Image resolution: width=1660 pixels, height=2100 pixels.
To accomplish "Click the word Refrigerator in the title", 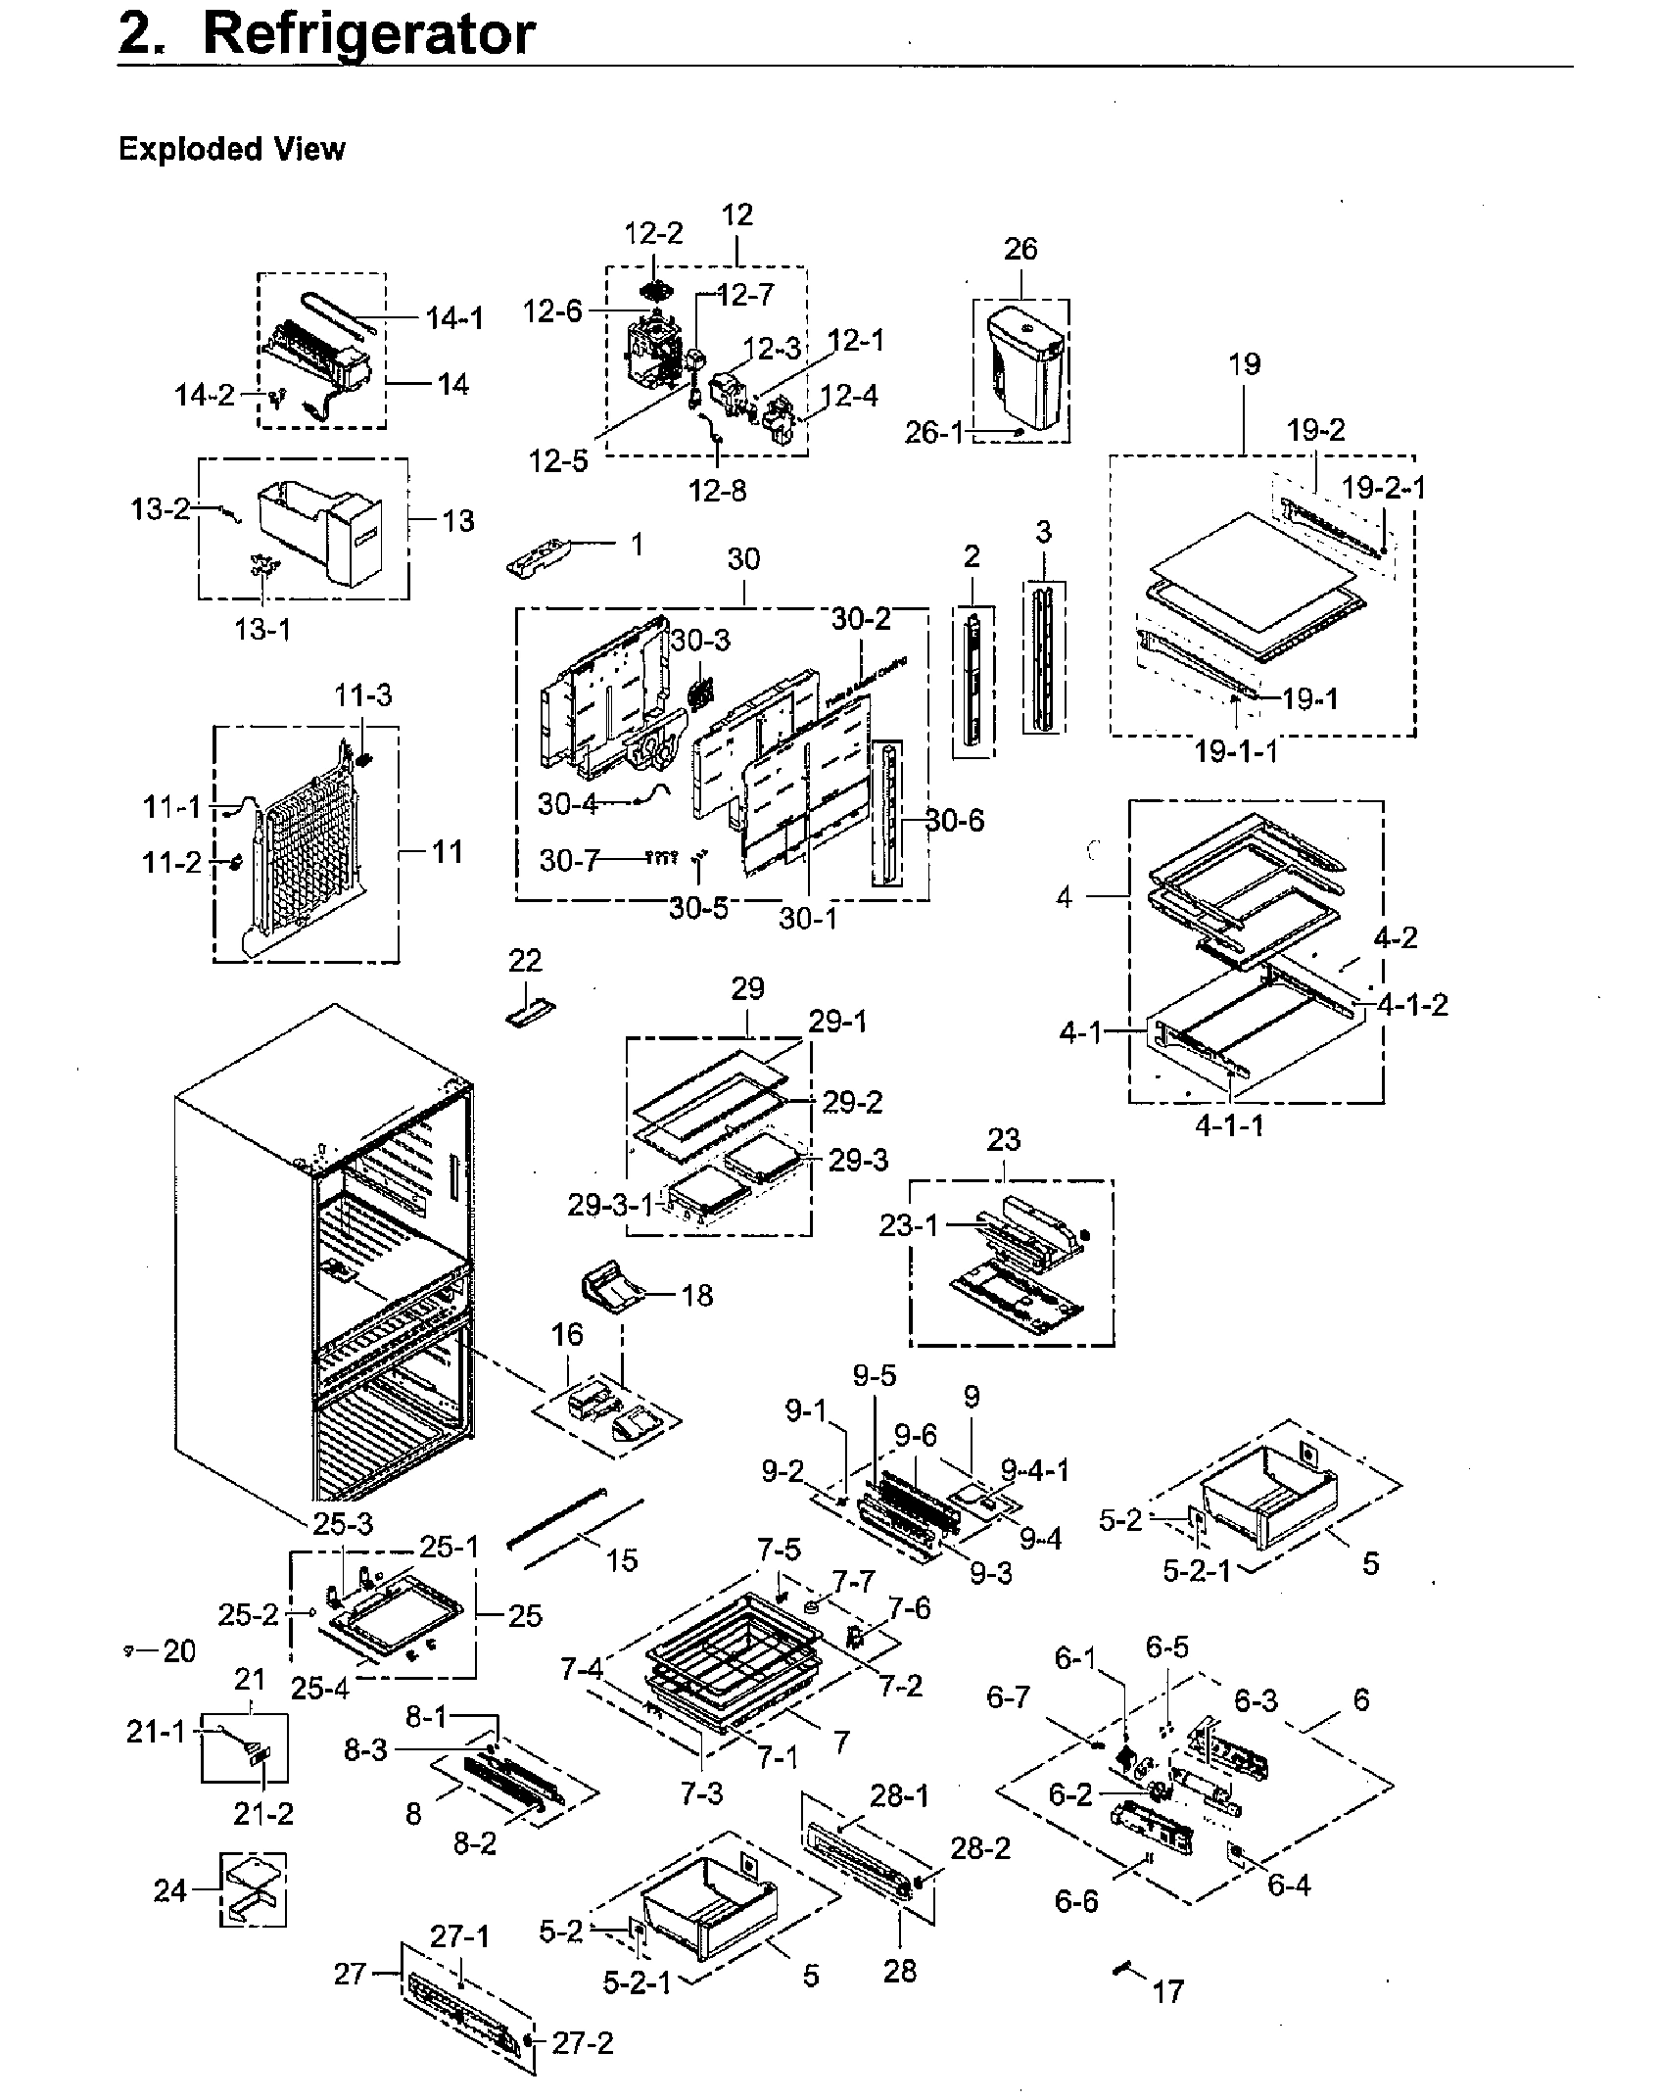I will point(368,34).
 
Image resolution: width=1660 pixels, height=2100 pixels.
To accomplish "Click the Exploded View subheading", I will point(231,149).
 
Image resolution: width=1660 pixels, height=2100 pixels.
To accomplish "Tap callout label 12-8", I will point(717,490).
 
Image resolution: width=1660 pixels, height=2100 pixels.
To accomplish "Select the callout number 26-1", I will point(933,432).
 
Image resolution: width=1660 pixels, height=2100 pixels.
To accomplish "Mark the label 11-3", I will point(362,694).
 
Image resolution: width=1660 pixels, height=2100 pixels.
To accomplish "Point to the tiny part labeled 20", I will point(129,1650).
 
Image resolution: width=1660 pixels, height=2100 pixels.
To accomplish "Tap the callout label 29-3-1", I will point(609,1205).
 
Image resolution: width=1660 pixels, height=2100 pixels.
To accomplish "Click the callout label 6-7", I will point(1008,1696).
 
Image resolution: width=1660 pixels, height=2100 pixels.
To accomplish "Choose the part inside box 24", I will point(252,1890).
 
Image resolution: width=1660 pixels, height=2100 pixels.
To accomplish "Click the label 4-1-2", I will point(1411,1005).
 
